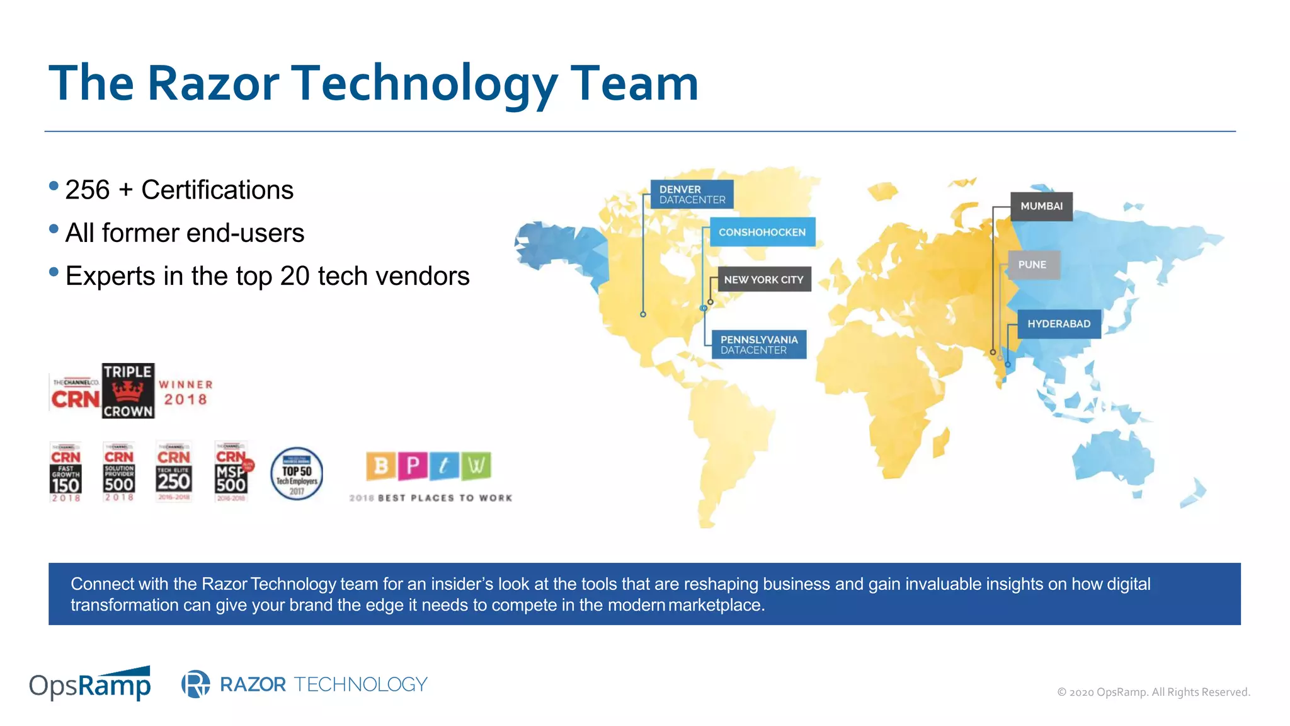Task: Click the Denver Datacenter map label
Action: click(692, 194)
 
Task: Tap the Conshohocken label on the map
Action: click(762, 232)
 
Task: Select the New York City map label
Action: click(763, 279)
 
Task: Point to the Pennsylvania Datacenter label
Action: click(759, 345)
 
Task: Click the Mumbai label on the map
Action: click(1041, 206)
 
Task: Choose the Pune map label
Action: click(1032, 265)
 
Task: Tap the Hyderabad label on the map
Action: click(1059, 324)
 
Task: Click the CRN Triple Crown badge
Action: click(128, 391)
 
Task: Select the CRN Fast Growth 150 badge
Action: click(66, 472)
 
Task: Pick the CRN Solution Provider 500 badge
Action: click(119, 472)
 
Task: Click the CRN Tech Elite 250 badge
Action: click(174, 471)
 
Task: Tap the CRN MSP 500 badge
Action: click(232, 472)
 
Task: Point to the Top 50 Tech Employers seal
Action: click(297, 474)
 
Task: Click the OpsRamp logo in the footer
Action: click(90, 684)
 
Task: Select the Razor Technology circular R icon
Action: click(196, 684)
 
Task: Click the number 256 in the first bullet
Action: click(88, 190)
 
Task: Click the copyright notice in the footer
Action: click(1153, 692)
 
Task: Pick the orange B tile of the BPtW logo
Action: click(381, 466)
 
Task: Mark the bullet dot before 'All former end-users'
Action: click(54, 229)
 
